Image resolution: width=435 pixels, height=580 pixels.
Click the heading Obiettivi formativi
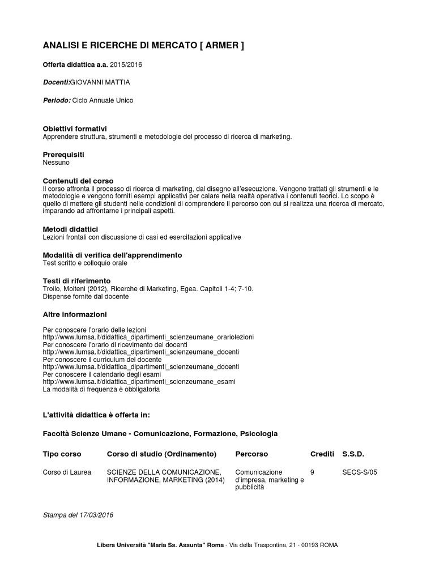(75, 129)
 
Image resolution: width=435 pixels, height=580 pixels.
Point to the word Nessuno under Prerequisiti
(56, 163)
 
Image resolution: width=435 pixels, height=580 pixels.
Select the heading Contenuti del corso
(78, 180)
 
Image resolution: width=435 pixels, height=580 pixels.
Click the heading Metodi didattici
(70, 229)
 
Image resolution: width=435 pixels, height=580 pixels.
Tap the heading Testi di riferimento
(76, 281)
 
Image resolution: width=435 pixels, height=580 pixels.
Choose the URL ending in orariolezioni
(148, 337)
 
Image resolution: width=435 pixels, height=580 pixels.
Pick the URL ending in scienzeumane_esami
(139, 382)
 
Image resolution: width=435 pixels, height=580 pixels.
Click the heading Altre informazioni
(75, 314)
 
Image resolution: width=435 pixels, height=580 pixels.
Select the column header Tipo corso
(62, 454)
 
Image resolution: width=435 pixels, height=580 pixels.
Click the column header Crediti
(322, 454)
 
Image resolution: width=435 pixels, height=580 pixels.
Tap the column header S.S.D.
(353, 454)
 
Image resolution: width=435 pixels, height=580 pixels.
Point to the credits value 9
(313, 472)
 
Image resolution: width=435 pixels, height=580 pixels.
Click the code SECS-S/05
(360, 472)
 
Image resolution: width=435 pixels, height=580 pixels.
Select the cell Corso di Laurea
(67, 472)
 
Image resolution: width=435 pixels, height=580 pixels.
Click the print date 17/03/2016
(96, 515)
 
